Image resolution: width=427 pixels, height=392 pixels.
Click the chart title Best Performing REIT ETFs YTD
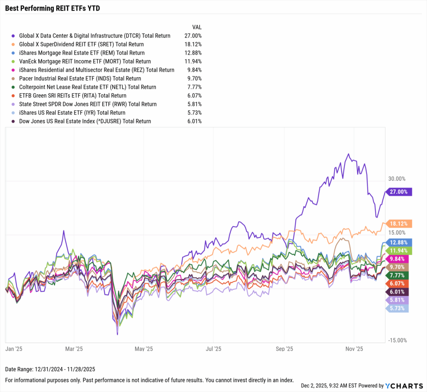click(x=52, y=8)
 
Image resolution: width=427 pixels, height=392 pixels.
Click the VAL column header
click(x=197, y=27)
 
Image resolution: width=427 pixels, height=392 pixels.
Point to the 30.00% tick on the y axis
click(x=397, y=179)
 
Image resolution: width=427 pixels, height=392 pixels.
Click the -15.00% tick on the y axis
click(x=397, y=340)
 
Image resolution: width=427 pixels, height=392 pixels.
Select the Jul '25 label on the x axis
click(x=213, y=348)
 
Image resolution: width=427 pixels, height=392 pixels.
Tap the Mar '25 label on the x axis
click(x=74, y=348)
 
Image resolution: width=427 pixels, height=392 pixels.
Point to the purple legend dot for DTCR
click(x=14, y=36)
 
